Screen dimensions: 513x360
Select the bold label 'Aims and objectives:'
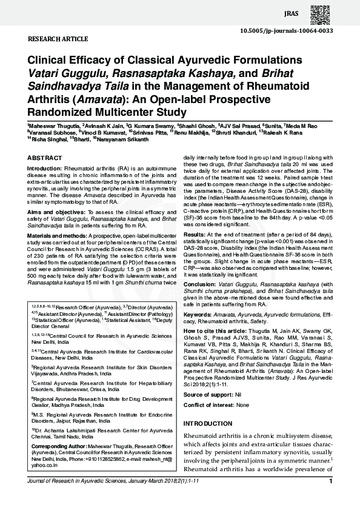click(53, 211)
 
